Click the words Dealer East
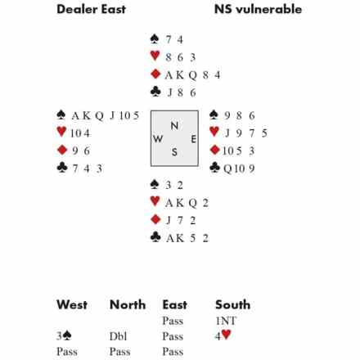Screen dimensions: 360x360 91,9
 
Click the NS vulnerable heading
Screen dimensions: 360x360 258,9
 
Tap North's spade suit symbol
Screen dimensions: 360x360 155,39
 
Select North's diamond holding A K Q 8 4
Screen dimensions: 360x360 192,75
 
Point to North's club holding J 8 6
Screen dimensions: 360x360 182,92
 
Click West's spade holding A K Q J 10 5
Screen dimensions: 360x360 106,115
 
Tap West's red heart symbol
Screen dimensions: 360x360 61,132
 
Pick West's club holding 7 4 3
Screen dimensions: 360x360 88,169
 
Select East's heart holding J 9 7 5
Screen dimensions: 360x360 245,133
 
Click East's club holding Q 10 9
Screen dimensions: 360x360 239,169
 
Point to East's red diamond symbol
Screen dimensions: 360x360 215,150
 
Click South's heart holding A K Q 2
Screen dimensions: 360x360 187,203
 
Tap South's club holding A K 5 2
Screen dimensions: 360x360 187,238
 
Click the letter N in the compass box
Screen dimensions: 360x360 174,126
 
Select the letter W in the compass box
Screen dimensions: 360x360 158,139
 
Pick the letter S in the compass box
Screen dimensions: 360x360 174,152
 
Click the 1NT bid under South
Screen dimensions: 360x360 226,321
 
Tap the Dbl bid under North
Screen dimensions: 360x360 119,336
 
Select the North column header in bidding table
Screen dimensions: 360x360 128,304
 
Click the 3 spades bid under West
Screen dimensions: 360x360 64,336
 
